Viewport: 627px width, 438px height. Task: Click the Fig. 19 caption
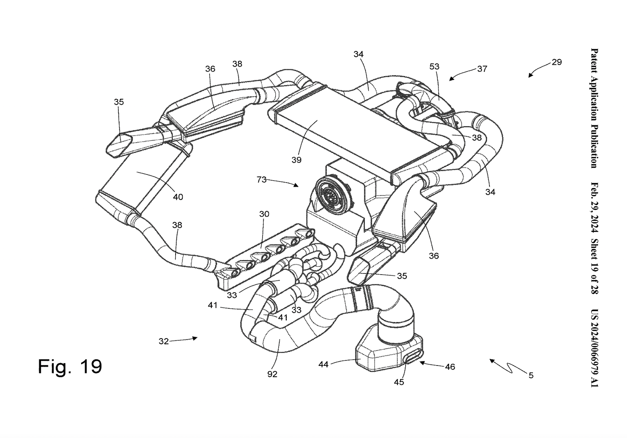[70, 366]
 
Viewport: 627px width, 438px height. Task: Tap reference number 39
[296, 160]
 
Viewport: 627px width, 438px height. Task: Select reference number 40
[178, 197]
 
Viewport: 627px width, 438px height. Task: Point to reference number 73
[261, 180]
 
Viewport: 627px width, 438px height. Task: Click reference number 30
[264, 214]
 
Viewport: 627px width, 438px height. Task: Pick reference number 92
[272, 374]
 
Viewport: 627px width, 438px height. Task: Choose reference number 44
[323, 364]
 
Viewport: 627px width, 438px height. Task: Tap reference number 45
[399, 382]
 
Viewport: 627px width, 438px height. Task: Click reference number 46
[450, 367]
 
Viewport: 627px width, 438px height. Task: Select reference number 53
[435, 67]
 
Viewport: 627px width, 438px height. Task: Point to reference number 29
[556, 62]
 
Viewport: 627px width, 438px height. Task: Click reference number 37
[482, 69]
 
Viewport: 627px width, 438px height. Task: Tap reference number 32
[163, 341]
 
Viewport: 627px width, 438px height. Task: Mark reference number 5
[531, 375]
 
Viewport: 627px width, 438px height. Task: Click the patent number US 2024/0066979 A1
[594, 347]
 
